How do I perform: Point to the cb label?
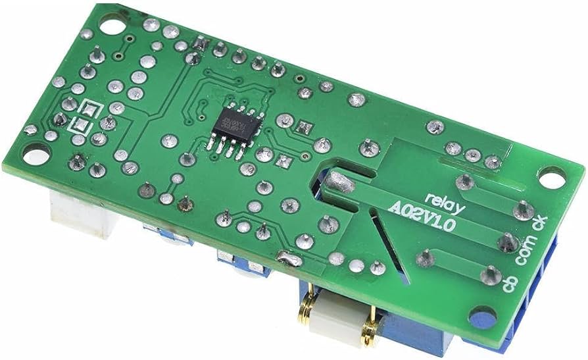[x=510, y=286]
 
